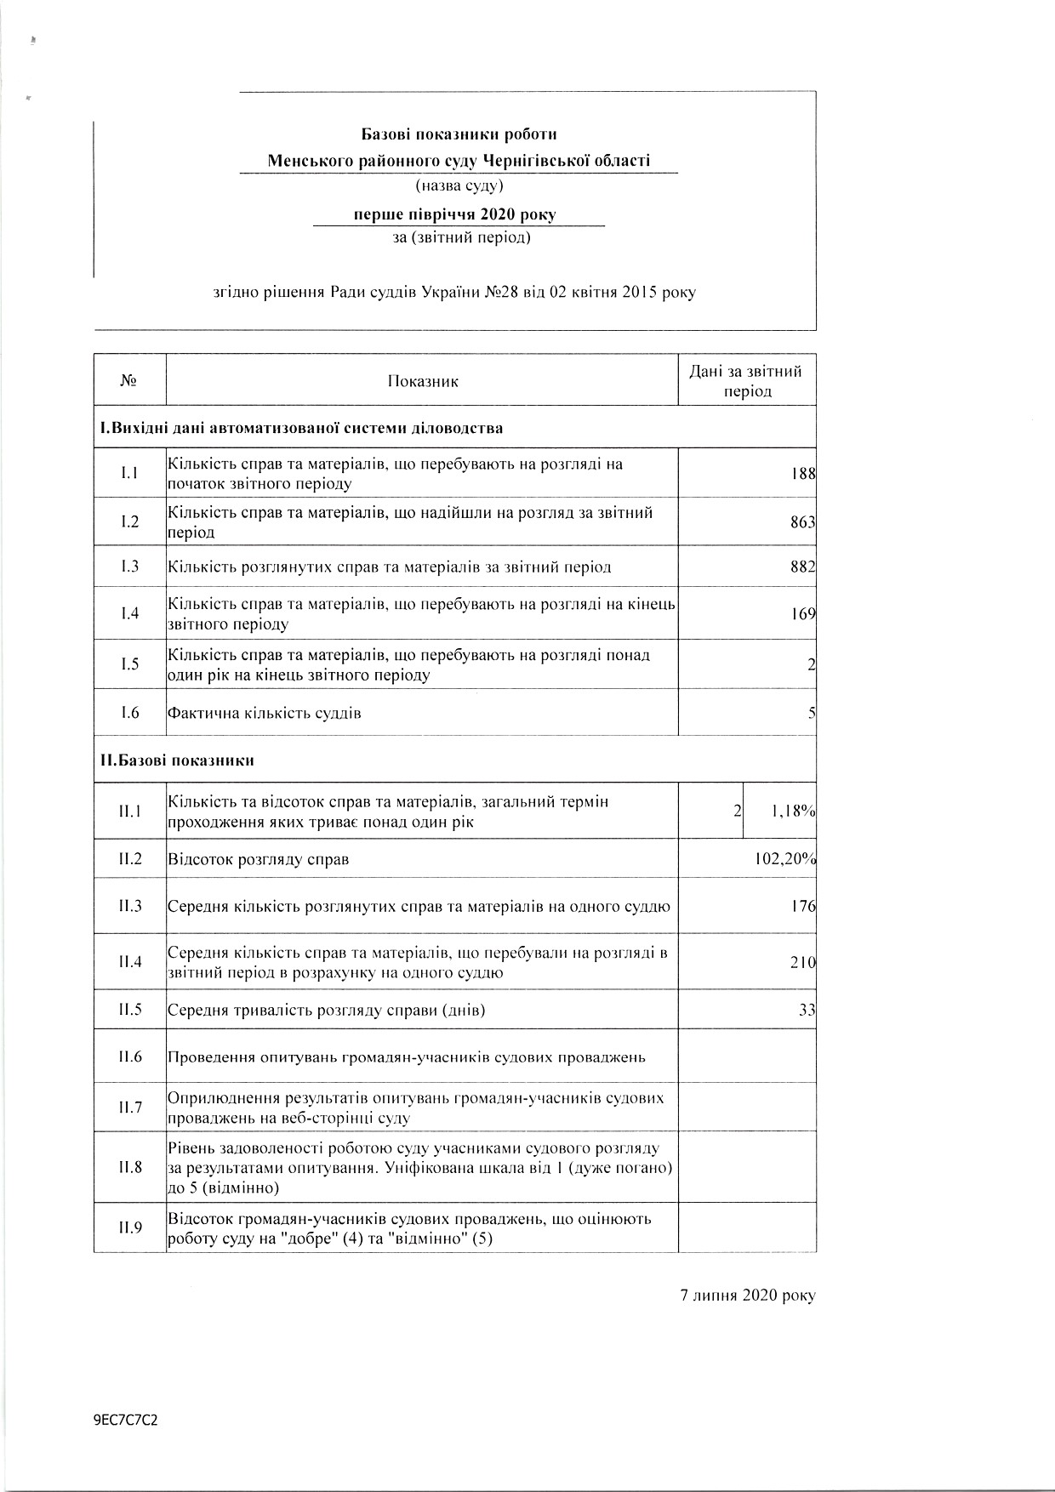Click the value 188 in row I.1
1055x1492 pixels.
803,474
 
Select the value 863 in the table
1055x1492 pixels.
803,522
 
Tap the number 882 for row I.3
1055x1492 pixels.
803,567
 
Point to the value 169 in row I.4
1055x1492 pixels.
803,613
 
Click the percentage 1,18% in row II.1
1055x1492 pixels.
793,811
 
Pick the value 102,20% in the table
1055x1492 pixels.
785,859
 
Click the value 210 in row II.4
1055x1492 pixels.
803,962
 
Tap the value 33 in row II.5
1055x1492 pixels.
807,1011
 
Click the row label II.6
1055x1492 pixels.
130,1056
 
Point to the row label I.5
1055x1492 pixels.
129,664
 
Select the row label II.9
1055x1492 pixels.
130,1227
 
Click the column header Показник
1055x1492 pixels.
423,381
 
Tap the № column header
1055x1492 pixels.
129,381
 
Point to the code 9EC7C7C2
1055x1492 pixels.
127,1421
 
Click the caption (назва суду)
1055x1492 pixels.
459,185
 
